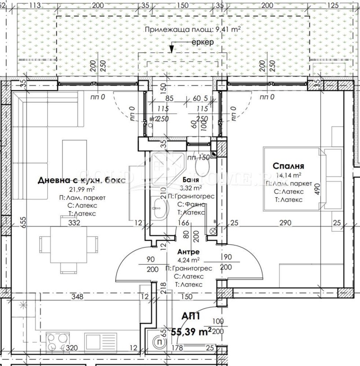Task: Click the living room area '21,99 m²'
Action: tap(81, 190)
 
